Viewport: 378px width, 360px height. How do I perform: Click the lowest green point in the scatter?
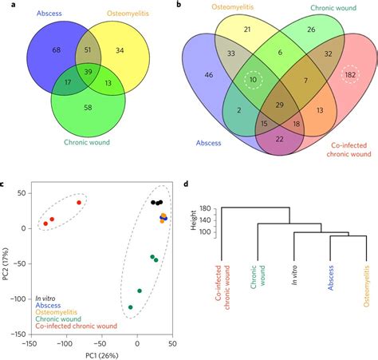coord(131,307)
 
